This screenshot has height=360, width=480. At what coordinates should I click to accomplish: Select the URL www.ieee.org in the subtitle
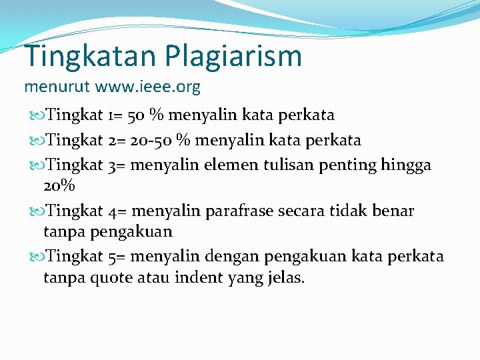click(x=147, y=87)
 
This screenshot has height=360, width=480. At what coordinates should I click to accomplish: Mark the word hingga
click(x=407, y=164)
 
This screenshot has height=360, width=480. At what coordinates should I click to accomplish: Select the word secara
click(x=297, y=211)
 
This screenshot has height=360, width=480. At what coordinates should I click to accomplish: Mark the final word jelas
click(x=285, y=277)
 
